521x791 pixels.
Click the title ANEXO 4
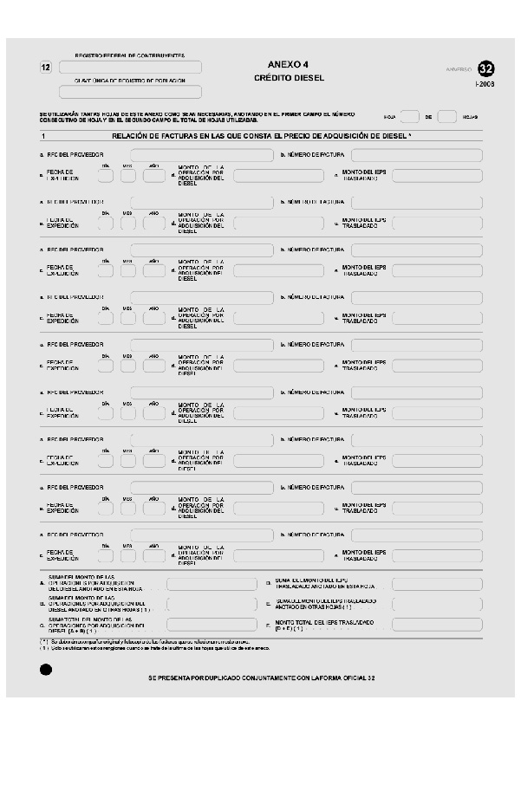(289, 64)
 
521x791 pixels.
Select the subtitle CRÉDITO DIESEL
(289, 78)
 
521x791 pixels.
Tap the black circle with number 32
(486, 68)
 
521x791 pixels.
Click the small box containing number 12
(46, 68)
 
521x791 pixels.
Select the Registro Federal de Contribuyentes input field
(130, 67)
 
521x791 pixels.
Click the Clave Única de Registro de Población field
(130, 92)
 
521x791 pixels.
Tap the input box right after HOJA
(411, 117)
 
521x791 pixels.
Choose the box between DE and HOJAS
(447, 117)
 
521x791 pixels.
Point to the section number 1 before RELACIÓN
(42, 137)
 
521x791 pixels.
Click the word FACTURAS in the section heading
(217, 137)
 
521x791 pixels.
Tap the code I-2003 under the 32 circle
(485, 84)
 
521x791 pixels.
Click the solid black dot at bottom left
(46, 669)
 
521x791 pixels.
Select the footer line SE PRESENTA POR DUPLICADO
(261, 678)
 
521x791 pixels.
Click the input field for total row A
(212, 583)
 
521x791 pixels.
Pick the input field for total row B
(212, 604)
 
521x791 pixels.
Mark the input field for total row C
(212, 624)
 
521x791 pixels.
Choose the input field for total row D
(437, 583)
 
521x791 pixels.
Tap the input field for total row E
(437, 604)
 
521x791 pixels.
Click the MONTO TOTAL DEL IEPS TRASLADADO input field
(437, 624)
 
